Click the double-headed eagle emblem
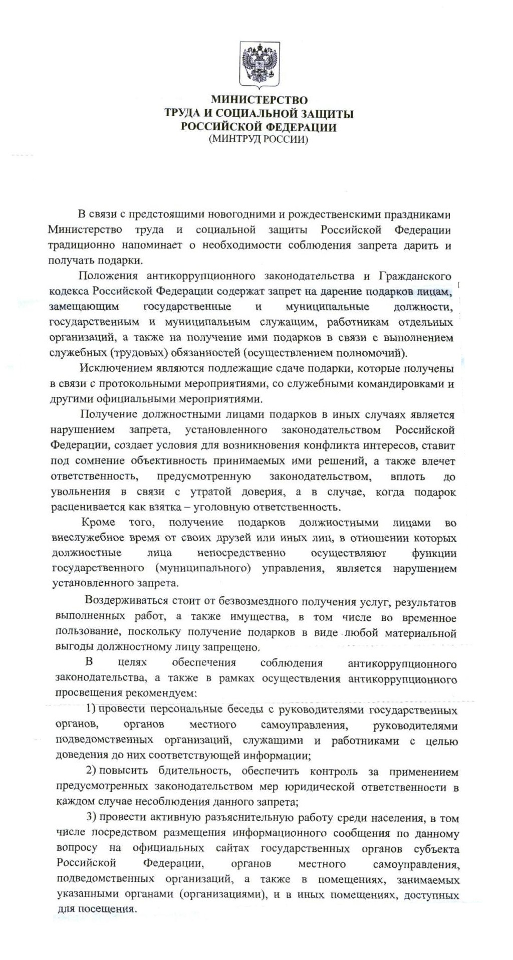coord(260,64)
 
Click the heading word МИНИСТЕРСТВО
coord(259,100)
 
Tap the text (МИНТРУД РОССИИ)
coord(259,139)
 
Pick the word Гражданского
coord(415,276)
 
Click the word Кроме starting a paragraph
coord(98,523)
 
